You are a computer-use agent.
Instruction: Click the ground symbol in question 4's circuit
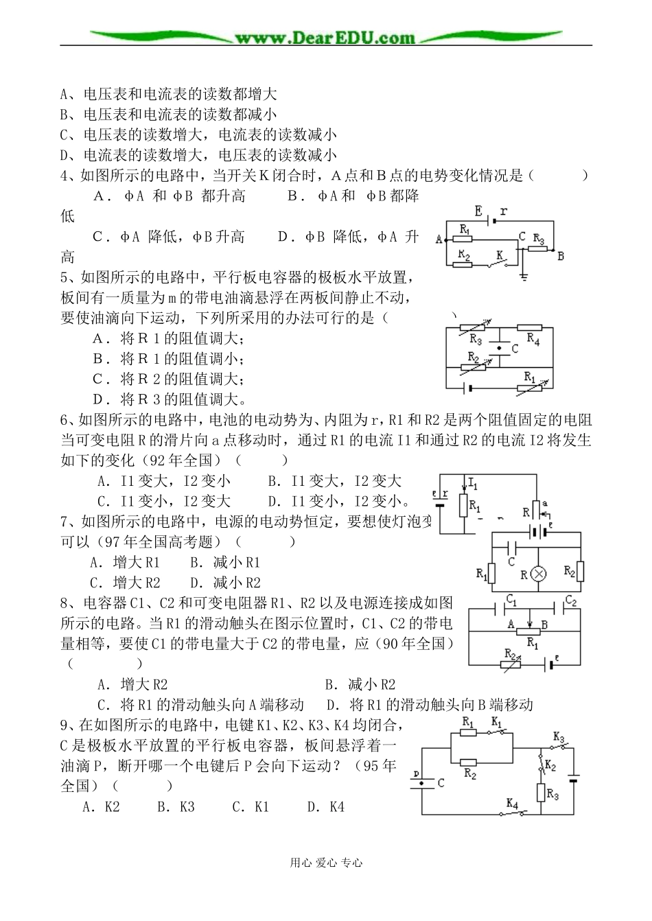(525, 276)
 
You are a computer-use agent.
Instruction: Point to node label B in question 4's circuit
(561, 256)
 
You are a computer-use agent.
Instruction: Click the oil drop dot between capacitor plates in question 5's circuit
(499, 348)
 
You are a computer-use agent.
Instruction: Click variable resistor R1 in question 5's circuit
(530, 388)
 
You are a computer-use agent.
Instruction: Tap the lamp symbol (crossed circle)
(539, 574)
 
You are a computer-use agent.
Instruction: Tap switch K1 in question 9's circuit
(498, 732)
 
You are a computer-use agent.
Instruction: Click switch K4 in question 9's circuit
(514, 813)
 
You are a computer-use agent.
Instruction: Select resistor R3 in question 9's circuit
(542, 793)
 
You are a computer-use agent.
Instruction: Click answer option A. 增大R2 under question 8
(133, 684)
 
